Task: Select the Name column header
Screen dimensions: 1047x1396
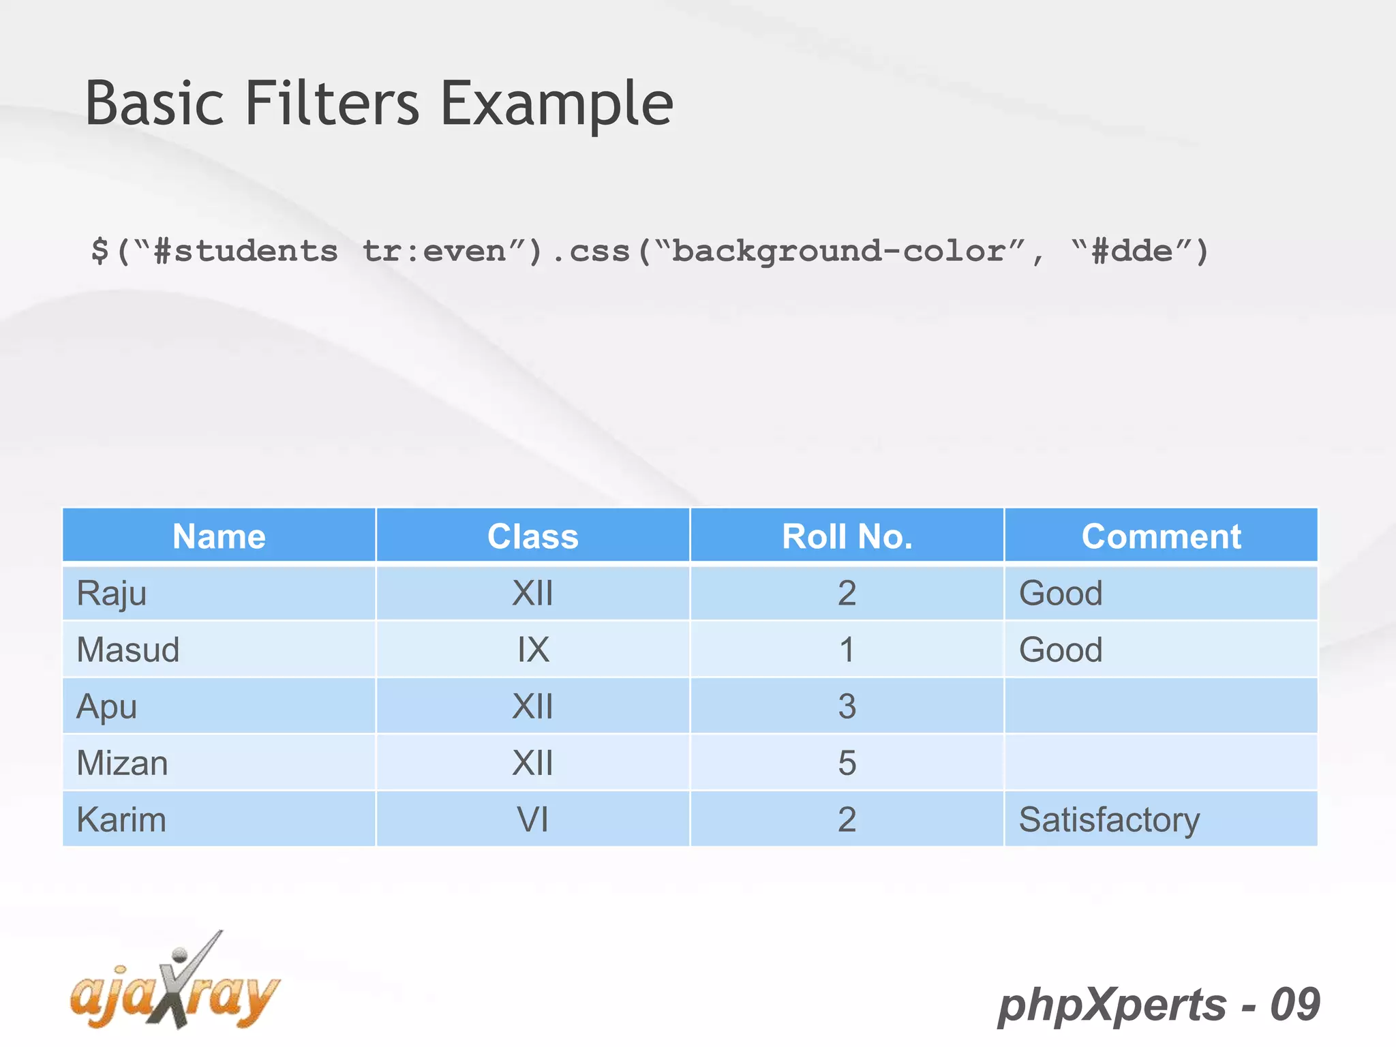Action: tap(219, 536)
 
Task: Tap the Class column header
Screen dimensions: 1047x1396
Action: tap(532, 536)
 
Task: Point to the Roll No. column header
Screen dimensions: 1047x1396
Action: tap(847, 536)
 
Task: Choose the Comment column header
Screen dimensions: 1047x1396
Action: tap(1161, 536)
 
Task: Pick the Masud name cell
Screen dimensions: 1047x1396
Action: tap(127, 650)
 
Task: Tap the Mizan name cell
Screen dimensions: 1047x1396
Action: tap(122, 763)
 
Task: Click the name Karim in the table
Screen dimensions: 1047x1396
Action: tap(121, 819)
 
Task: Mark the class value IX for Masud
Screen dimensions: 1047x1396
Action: tap(532, 650)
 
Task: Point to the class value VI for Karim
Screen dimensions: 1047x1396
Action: tap(532, 819)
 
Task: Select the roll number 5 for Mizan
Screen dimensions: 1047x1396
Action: tap(847, 763)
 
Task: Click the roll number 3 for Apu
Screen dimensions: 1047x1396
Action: tap(847, 706)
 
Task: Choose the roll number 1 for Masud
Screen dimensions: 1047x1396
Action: tap(847, 650)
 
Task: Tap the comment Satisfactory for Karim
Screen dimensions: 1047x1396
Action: tap(1109, 819)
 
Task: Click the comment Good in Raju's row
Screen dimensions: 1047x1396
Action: tap(1061, 593)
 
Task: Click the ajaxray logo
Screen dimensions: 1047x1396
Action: tap(174, 985)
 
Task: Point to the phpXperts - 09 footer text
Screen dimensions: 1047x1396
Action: tap(1159, 1005)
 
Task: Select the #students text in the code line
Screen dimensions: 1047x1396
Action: tap(245, 251)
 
